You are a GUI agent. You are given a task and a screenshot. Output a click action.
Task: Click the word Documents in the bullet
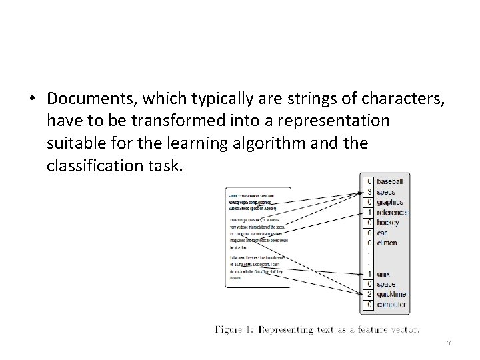click(91, 98)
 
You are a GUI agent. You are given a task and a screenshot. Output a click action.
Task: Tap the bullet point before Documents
click(32, 99)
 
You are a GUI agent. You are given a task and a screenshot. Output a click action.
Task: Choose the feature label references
click(393, 213)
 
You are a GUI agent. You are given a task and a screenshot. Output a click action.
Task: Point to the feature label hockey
click(389, 223)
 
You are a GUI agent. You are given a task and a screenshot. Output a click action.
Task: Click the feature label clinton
click(387, 243)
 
